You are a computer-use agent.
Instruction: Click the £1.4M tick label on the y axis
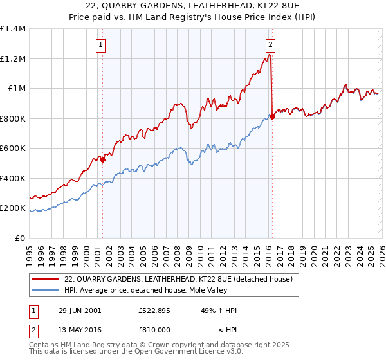point(13,29)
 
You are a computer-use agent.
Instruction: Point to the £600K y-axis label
point(13,148)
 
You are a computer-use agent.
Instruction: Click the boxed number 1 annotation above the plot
point(102,44)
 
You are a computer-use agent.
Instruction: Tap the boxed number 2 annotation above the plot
point(270,44)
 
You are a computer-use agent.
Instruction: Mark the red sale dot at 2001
point(102,160)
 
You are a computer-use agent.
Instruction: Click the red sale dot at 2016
point(272,117)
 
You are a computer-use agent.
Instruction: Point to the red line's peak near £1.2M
point(270,56)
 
